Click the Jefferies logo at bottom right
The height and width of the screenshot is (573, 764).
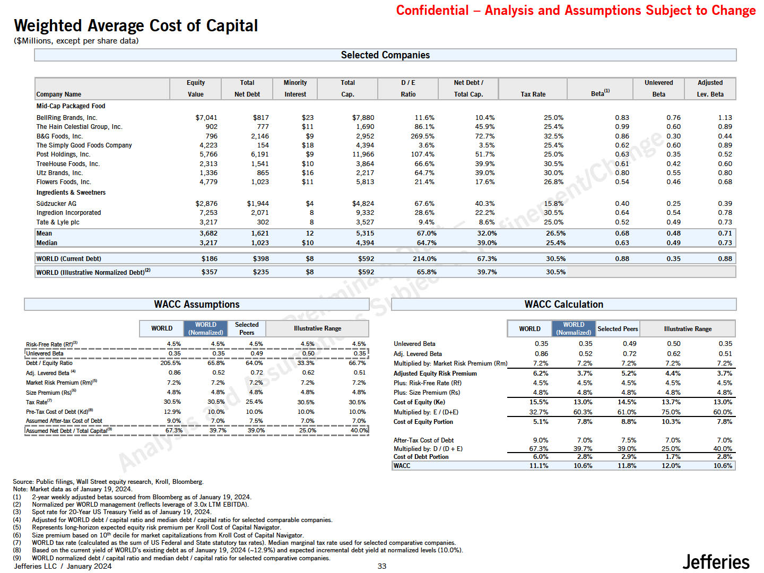coord(715,561)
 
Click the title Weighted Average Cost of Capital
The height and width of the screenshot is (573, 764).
coord(136,25)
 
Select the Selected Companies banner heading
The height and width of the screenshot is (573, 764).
coord(385,55)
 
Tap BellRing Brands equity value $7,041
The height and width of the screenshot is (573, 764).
coord(206,118)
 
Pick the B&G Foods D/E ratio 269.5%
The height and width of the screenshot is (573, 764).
coord(422,136)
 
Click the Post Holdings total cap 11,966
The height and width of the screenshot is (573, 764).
coord(363,154)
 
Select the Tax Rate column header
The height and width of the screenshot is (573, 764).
coord(533,94)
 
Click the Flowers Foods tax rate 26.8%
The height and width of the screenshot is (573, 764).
coord(553,182)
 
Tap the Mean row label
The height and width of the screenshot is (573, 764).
coord(44,233)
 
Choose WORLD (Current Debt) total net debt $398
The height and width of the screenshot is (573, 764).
coord(261,259)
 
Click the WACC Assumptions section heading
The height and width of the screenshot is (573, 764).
coord(196,305)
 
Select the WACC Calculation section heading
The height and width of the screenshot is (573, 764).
coord(563,305)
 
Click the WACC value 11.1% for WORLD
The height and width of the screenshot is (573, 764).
coord(539,466)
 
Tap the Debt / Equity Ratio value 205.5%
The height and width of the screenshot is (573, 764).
coord(170,363)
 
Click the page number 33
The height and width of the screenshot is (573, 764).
coord(382,566)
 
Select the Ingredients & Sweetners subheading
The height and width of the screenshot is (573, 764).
coord(71,193)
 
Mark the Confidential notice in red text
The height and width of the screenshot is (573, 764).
coord(576,11)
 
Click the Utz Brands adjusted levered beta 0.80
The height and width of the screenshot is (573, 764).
coord(725,173)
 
